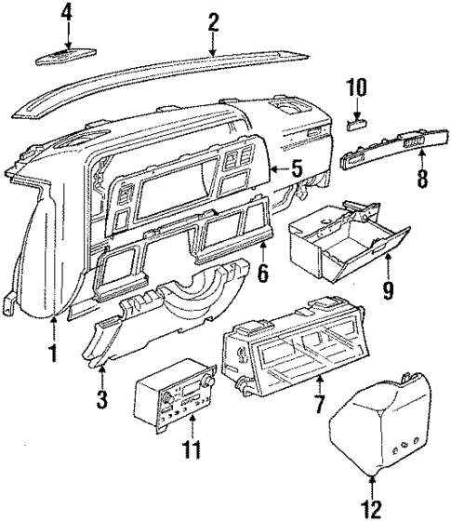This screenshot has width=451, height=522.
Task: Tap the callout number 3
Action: [102, 402]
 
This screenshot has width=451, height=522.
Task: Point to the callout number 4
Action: [66, 12]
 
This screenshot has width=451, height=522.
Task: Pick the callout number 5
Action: [297, 169]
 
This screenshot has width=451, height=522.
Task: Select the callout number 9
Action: [387, 291]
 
